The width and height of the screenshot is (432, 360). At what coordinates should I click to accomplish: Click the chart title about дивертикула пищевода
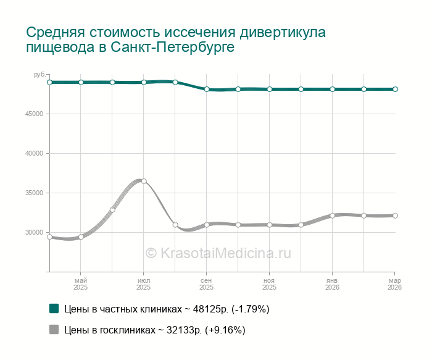point(176,40)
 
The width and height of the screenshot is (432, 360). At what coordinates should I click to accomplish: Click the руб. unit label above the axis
point(39,75)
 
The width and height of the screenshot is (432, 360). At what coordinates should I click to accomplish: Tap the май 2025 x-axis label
point(81,284)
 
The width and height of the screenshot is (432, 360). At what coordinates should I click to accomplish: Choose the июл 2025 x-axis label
point(144,284)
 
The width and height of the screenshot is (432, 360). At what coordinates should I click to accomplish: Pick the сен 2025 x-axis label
point(207,284)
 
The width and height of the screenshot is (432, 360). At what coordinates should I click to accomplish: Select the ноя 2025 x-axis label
point(270,284)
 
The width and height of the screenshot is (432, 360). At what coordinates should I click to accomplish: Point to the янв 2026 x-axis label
point(332,284)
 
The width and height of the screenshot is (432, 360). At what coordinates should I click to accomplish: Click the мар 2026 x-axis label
point(394,284)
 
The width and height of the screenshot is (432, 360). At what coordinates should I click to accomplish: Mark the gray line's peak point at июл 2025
point(144,181)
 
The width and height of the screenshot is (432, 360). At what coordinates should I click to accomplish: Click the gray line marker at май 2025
point(81,237)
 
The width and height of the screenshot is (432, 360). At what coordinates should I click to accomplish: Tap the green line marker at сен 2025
point(207,90)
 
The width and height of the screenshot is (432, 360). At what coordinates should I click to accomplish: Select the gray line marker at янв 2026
point(332,216)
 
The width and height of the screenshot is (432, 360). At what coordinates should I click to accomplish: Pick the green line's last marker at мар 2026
point(395,89)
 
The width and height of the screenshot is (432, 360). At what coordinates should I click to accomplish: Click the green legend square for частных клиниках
point(54,308)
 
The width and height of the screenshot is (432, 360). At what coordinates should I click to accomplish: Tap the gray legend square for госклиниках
point(54,330)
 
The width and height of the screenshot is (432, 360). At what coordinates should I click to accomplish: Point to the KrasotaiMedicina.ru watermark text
point(217,253)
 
